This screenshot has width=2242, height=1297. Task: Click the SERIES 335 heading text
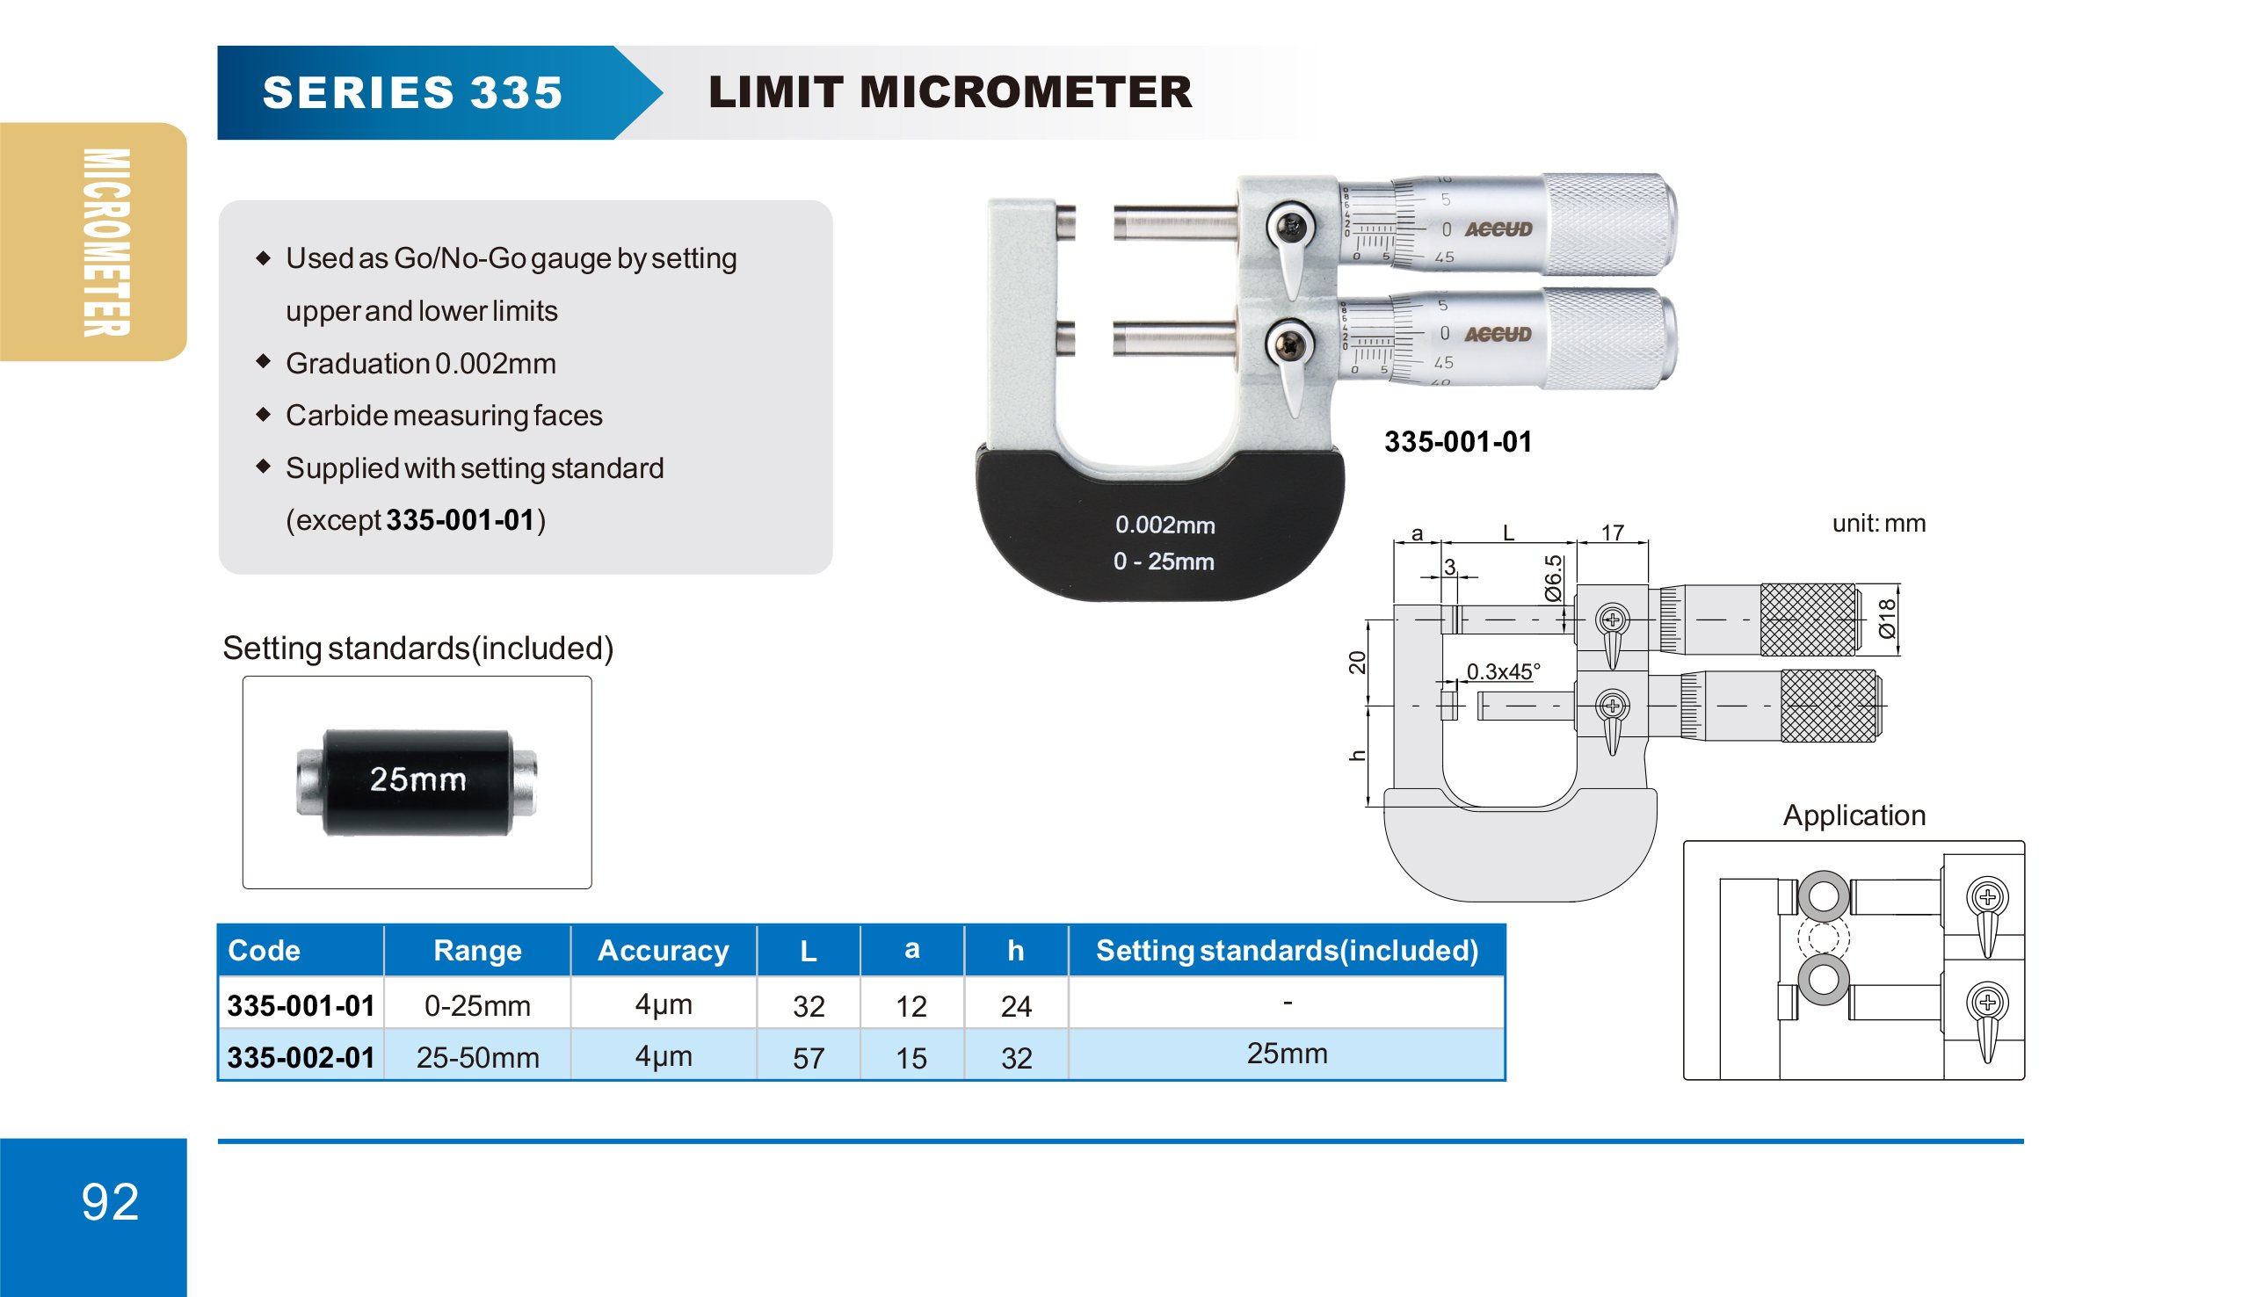413,92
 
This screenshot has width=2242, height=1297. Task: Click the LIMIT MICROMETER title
949,92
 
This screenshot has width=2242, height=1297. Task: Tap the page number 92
111,1202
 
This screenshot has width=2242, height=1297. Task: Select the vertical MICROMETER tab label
106,242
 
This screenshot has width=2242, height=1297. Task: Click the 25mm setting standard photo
417,782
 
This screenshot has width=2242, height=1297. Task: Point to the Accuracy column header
663,950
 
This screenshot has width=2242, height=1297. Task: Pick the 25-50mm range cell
477,1057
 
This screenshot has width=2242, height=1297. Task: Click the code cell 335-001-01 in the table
301,1005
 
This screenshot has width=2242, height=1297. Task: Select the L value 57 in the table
808,1058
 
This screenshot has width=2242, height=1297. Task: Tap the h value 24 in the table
1016,1006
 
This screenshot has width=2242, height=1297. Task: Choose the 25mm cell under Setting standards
1287,1054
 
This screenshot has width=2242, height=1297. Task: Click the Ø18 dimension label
1886,619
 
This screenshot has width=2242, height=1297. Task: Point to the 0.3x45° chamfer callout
1503,671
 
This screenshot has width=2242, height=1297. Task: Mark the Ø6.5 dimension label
1553,578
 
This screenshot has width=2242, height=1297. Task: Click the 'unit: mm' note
1878,523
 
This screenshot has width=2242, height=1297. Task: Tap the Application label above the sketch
1854,815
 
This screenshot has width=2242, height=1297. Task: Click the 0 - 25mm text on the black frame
1164,562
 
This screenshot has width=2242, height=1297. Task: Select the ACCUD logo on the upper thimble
1498,229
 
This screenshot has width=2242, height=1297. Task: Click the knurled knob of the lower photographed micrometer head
1610,338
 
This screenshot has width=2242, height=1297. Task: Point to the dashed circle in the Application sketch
1823,937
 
